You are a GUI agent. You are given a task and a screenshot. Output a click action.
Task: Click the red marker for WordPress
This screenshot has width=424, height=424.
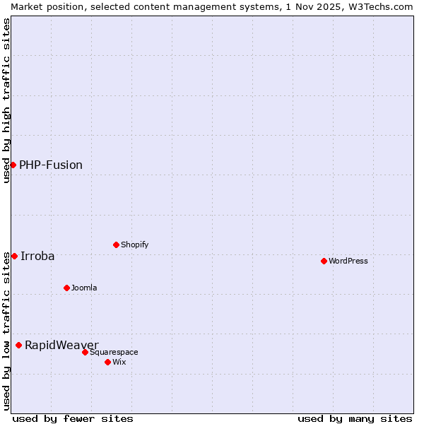click(324, 261)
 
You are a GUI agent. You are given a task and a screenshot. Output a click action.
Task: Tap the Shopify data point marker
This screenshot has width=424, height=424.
click(116, 245)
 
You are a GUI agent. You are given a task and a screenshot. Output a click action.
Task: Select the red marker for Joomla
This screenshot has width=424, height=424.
click(66, 288)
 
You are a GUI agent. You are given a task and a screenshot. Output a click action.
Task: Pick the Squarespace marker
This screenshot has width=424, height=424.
click(85, 352)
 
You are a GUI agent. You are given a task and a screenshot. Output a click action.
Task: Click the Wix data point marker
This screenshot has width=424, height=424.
click(107, 362)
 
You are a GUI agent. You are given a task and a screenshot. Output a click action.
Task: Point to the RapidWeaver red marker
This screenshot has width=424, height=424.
click(19, 345)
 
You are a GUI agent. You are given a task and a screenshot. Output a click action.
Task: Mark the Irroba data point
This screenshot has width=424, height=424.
click(14, 256)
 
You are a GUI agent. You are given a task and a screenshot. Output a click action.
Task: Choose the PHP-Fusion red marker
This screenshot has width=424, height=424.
click(13, 165)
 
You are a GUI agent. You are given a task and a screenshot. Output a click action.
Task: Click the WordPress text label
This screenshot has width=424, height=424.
click(348, 261)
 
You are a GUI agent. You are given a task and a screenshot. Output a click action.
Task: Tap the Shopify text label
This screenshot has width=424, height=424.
click(135, 245)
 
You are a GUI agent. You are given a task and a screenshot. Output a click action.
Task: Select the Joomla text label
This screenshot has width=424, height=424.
click(84, 288)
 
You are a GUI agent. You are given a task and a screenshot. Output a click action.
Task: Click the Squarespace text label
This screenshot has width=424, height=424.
click(114, 352)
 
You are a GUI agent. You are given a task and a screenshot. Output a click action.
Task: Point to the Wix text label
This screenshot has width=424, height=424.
click(119, 362)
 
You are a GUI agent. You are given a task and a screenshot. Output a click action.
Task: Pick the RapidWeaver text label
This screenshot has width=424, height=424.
click(61, 345)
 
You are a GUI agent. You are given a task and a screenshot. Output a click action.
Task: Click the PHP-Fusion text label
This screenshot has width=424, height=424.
click(51, 165)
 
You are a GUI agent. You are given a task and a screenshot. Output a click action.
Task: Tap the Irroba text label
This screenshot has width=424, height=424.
click(37, 256)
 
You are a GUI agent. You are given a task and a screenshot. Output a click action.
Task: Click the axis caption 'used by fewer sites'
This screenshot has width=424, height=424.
click(73, 418)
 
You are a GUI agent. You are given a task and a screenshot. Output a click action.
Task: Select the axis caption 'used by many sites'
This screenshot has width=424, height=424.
click(355, 418)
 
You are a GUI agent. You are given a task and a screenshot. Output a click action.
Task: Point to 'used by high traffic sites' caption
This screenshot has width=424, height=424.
click(6, 100)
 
